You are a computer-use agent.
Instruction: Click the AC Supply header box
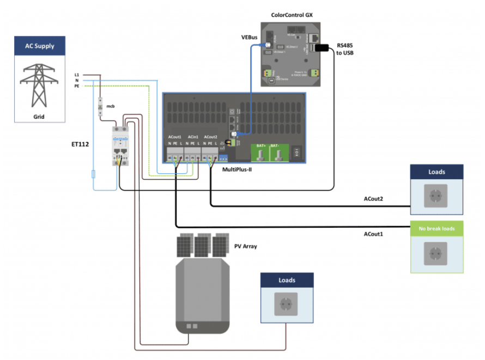coord(40,46)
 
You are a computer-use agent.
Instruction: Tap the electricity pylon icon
coord(39,84)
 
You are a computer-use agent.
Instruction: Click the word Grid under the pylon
coord(39,116)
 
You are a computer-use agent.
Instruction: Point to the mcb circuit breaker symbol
coord(100,107)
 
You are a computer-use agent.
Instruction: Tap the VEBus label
coord(250,38)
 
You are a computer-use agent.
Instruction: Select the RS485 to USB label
coord(345,50)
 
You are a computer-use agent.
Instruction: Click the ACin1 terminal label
coord(193,137)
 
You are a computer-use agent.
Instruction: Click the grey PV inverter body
coord(202,294)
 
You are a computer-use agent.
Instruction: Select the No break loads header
coord(436,228)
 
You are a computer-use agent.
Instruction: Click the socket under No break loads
coord(436,254)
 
